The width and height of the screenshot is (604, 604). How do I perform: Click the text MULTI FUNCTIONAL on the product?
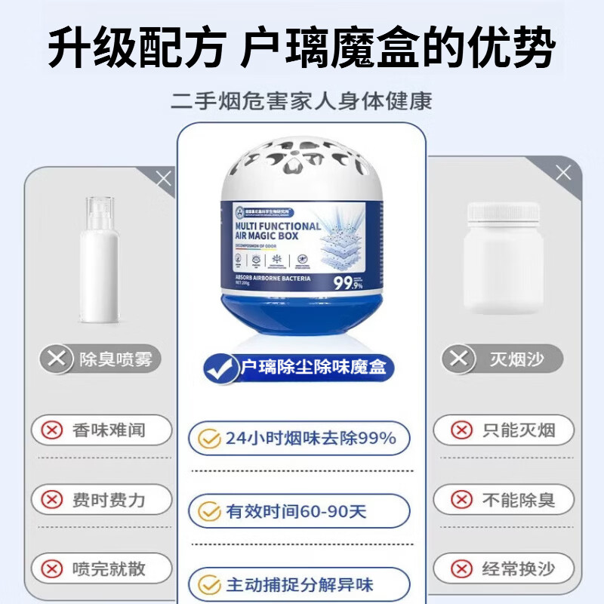(277, 226)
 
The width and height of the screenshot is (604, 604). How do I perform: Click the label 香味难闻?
(109, 430)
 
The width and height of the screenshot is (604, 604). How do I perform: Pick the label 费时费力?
(109, 499)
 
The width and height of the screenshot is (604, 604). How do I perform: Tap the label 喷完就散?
(109, 568)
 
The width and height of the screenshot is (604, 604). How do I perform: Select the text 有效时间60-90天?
(296, 511)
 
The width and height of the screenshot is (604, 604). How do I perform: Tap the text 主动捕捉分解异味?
(300, 584)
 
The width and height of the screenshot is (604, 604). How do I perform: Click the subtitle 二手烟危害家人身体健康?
(301, 101)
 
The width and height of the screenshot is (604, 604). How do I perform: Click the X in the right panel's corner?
(563, 173)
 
